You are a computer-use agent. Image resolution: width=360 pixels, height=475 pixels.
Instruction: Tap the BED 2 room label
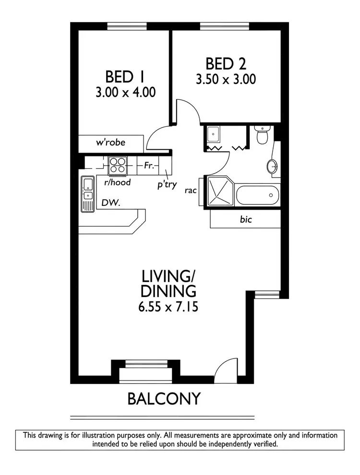point(226,63)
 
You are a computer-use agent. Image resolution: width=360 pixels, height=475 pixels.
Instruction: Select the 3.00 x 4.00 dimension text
point(125,92)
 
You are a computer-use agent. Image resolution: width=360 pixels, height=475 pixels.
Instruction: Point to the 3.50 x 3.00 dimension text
point(226,79)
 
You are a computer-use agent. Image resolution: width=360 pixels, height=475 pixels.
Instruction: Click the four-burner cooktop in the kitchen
point(118,165)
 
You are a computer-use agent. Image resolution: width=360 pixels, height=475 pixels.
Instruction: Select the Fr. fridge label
point(148,166)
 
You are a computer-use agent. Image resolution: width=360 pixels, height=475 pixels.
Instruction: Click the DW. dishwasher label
point(110,203)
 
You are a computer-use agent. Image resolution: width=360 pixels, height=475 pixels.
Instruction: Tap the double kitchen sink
point(87,194)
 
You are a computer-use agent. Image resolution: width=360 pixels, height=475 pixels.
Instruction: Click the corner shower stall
point(218,192)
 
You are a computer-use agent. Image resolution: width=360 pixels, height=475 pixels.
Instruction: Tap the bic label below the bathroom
point(246,220)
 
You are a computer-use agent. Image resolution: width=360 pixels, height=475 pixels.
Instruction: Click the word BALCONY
point(163,399)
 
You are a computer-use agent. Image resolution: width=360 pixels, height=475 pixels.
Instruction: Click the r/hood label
point(118,182)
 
